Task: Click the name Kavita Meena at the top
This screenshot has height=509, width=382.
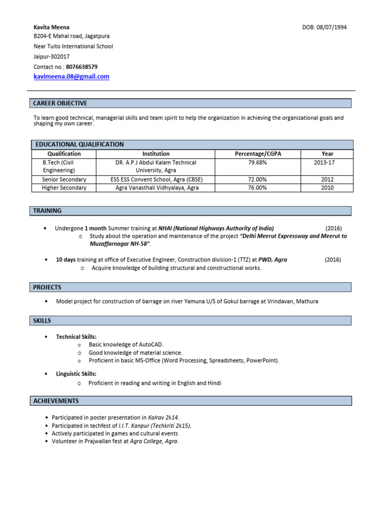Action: coord(51,27)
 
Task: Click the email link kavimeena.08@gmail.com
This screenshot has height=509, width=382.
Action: coord(71,77)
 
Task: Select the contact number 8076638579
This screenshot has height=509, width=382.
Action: coord(82,67)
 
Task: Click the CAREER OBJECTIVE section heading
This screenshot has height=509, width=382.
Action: coord(60,103)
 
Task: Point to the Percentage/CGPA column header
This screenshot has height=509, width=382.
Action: coord(258,154)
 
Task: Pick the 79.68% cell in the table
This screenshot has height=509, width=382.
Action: coord(258,163)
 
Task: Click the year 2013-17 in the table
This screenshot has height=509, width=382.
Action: coord(327,163)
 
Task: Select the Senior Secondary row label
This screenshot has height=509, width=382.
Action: coord(64,179)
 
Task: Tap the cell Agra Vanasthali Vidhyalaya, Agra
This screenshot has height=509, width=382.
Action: coord(156,188)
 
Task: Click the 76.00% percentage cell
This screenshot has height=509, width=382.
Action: coord(258,188)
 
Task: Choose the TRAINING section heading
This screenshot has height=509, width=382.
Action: coord(47,211)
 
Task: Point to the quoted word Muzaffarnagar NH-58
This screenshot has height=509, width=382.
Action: coord(119,244)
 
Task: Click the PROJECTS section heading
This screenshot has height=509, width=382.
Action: coord(47,287)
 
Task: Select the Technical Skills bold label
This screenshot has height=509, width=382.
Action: coord(76,337)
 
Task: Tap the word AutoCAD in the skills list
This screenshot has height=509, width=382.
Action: coord(150,344)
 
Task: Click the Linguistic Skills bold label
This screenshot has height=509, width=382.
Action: coord(76,373)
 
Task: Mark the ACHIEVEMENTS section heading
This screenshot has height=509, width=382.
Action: coord(56,401)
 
